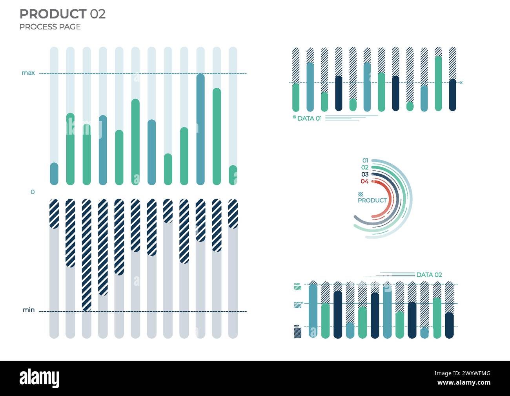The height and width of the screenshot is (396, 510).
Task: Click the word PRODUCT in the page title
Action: pos(53,14)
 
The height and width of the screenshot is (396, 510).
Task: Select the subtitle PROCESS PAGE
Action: pos(50,27)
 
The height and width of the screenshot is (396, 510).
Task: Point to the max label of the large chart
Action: pos(28,73)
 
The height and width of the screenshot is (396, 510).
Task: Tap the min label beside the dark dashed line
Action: pos(29,310)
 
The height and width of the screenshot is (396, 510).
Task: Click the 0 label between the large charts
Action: pos(33,192)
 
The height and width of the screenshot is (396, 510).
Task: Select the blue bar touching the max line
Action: pos(200,130)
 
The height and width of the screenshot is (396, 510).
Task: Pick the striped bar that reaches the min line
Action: pos(87,255)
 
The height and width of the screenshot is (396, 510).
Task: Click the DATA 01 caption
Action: pos(309,119)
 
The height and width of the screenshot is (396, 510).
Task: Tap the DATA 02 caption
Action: pos(429,275)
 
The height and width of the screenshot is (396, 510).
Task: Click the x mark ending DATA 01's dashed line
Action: pos(461,82)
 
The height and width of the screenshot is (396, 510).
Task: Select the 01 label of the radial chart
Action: pos(365,161)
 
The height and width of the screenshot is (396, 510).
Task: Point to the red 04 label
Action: pos(364,181)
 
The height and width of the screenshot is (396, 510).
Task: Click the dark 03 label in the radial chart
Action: pos(365,174)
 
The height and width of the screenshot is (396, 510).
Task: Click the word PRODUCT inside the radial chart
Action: pos(372,201)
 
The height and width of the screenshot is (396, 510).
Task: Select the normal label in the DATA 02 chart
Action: pos(298,303)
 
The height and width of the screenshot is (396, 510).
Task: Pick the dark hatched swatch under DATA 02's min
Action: pos(298,333)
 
